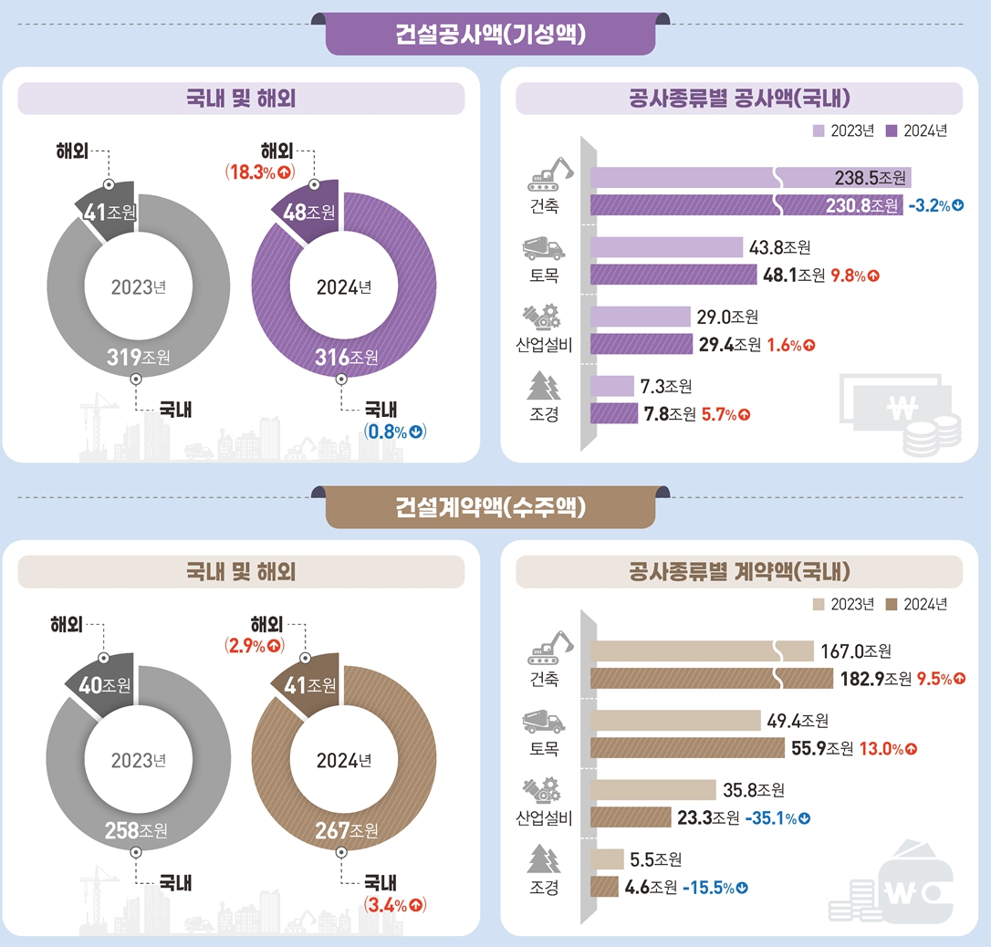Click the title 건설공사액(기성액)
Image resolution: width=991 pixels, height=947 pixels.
tap(491, 35)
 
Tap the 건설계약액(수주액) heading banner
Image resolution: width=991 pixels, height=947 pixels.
tap(491, 507)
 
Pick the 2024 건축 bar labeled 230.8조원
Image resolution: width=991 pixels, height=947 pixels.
tap(744, 206)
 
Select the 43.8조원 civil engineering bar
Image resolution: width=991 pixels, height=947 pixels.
tap(667, 247)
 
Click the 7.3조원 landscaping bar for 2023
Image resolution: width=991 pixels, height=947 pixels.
tap(612, 386)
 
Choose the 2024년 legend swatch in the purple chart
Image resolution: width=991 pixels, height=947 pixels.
tap(892, 130)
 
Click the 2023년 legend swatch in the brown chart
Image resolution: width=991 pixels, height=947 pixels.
tap(818, 604)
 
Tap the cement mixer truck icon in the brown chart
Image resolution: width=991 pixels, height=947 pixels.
tap(543, 723)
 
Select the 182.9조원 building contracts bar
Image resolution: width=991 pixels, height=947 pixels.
tap(712, 679)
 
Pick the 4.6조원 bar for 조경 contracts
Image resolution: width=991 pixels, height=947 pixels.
tap(605, 887)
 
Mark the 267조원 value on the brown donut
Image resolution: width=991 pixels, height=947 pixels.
tap(343, 830)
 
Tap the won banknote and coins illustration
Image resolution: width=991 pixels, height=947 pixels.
tap(899, 416)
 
